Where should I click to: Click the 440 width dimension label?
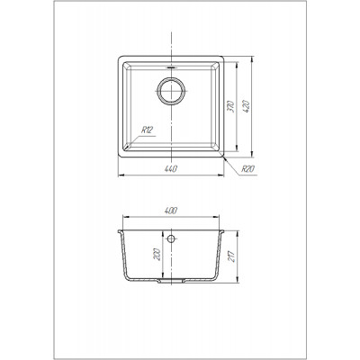171,169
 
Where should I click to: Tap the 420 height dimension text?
247,106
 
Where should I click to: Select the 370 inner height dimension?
230,106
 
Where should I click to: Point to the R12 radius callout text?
148,130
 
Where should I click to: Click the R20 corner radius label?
248,169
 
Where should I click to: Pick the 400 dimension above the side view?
171,211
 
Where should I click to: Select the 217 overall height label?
232,256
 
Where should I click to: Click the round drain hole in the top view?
171,91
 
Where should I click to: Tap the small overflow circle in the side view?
171,238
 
